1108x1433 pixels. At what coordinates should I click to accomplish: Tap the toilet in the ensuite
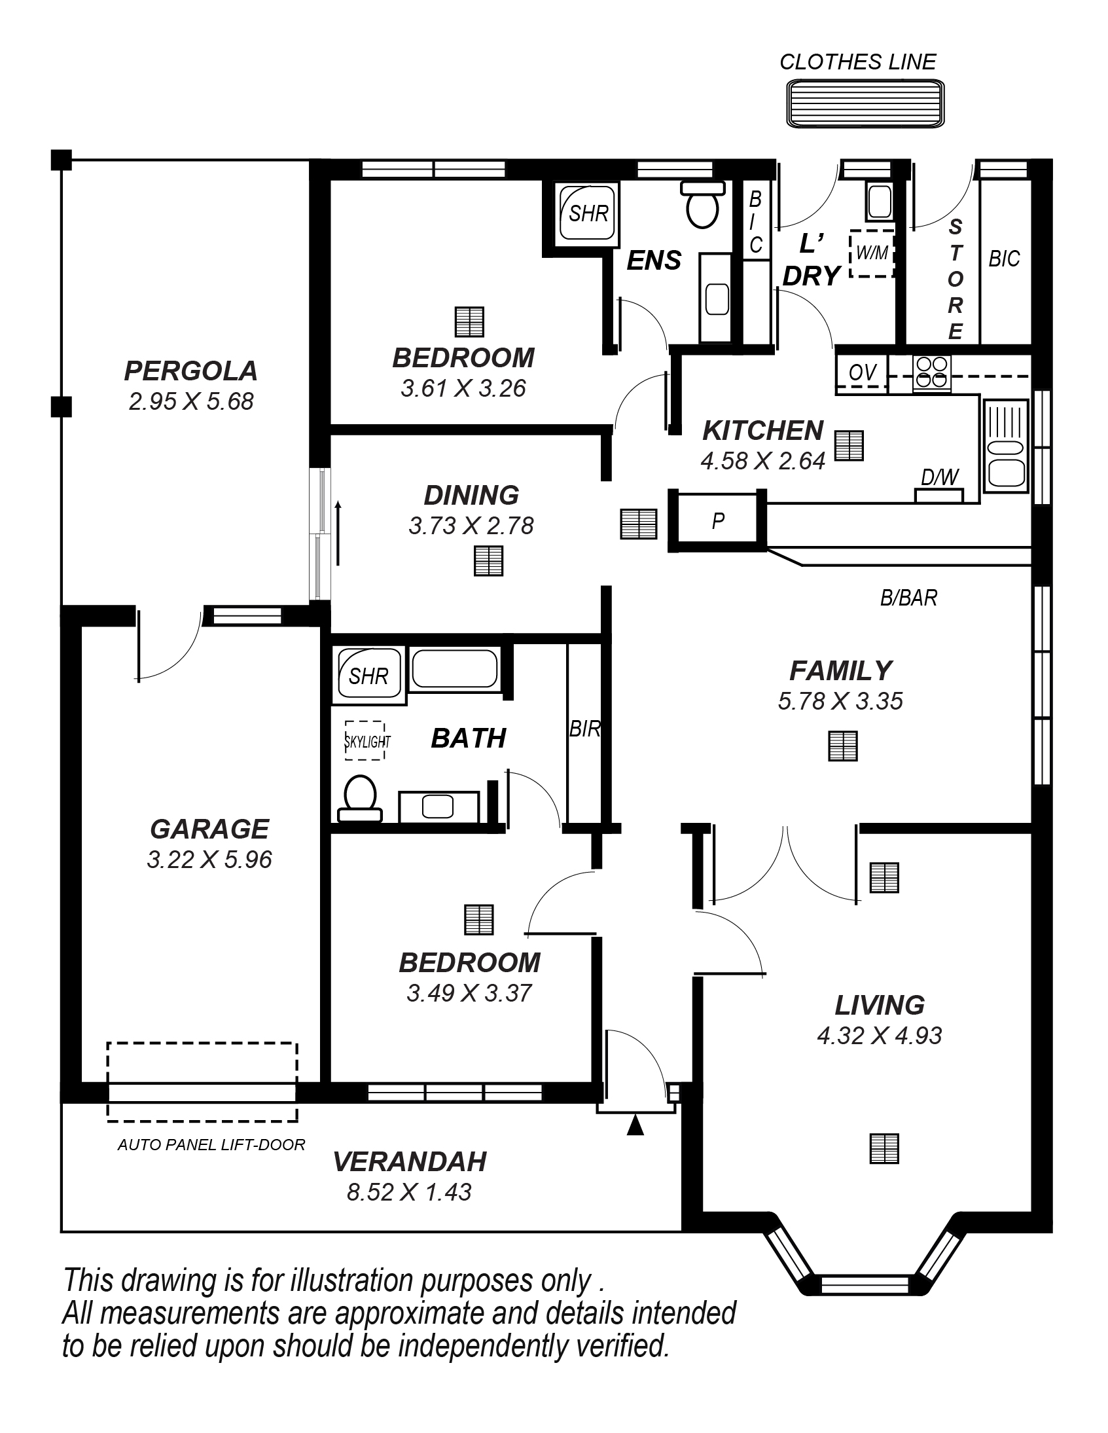(702, 204)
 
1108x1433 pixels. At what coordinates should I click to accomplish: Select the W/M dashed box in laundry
(872, 253)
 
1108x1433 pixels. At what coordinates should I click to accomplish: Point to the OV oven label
(862, 372)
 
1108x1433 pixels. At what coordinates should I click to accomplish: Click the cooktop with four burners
(932, 373)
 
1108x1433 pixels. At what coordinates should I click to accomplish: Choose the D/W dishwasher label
(939, 477)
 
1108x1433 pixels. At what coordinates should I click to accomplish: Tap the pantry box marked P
(718, 520)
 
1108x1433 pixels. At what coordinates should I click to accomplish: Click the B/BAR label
(908, 598)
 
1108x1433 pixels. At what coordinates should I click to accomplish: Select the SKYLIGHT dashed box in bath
(365, 741)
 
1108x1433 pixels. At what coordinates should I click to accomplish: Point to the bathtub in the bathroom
(455, 668)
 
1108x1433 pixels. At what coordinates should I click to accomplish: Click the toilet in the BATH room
(359, 799)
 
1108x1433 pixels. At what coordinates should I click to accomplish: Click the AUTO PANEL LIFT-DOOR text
(211, 1145)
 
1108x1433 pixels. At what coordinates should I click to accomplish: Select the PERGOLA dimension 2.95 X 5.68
(191, 401)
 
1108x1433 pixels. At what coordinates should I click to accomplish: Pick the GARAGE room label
(209, 829)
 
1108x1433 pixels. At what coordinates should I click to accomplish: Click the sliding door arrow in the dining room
(338, 533)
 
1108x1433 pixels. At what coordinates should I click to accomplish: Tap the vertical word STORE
(955, 280)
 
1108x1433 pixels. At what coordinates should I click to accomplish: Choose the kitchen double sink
(1005, 446)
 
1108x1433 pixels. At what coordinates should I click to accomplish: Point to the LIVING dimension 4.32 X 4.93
(879, 1036)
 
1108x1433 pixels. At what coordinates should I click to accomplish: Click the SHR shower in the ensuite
(587, 213)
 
